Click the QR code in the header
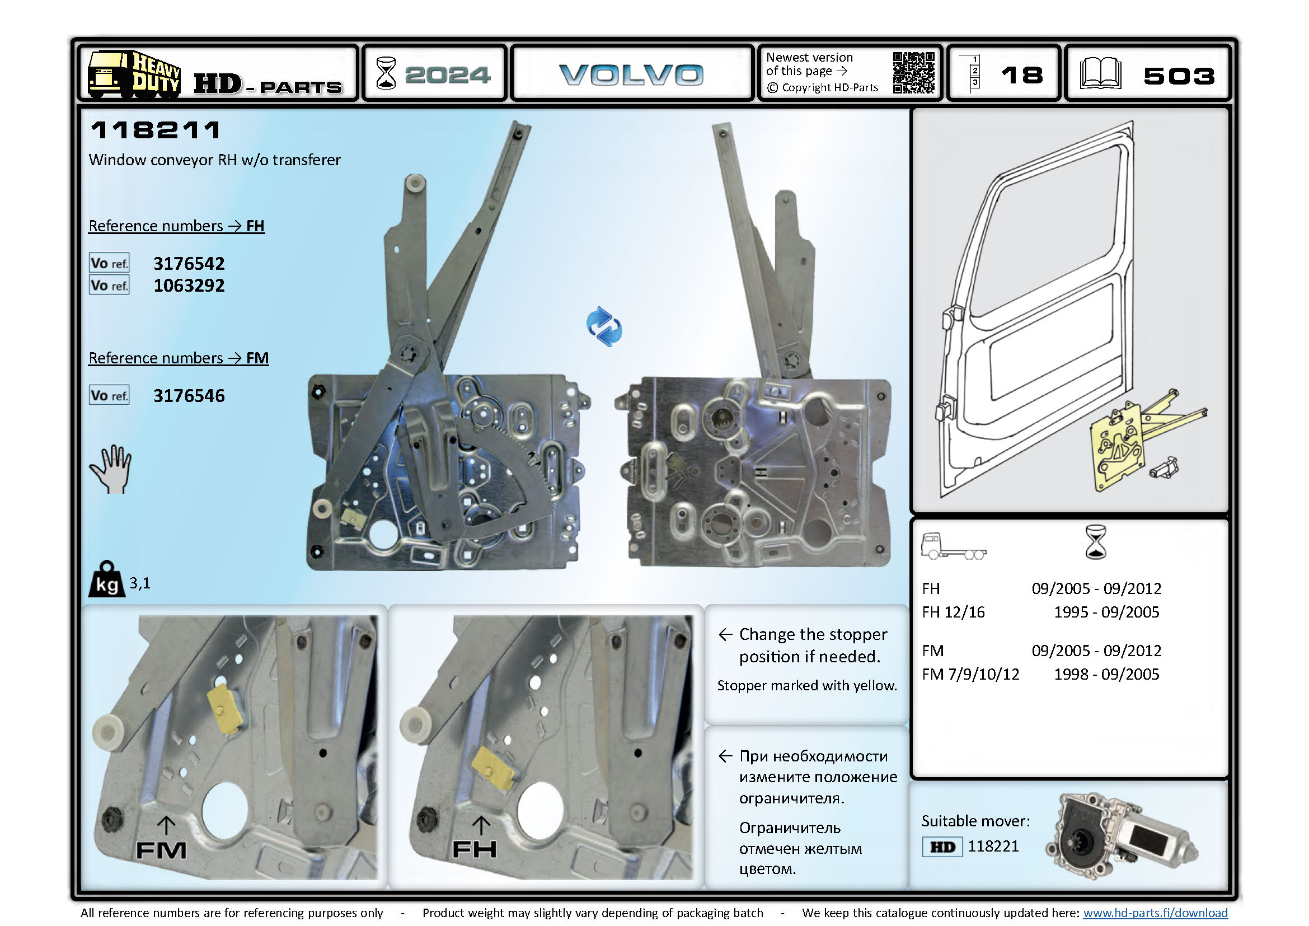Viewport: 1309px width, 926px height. (913, 72)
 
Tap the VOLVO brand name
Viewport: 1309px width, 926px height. (631, 74)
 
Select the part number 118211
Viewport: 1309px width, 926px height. (156, 130)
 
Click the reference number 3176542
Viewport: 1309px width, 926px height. (189, 264)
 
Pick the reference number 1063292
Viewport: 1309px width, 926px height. (189, 286)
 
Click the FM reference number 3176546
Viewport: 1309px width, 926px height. (189, 396)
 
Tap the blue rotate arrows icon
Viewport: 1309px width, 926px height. (604, 326)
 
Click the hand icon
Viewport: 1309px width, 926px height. (112, 469)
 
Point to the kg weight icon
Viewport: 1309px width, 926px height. (107, 580)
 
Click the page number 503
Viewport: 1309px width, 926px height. (1179, 76)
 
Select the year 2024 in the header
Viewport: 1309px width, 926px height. (447, 74)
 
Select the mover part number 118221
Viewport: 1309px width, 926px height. (993, 846)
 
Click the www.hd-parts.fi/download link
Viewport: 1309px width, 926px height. (1155, 913)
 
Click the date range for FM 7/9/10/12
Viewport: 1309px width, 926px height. (1106, 674)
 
